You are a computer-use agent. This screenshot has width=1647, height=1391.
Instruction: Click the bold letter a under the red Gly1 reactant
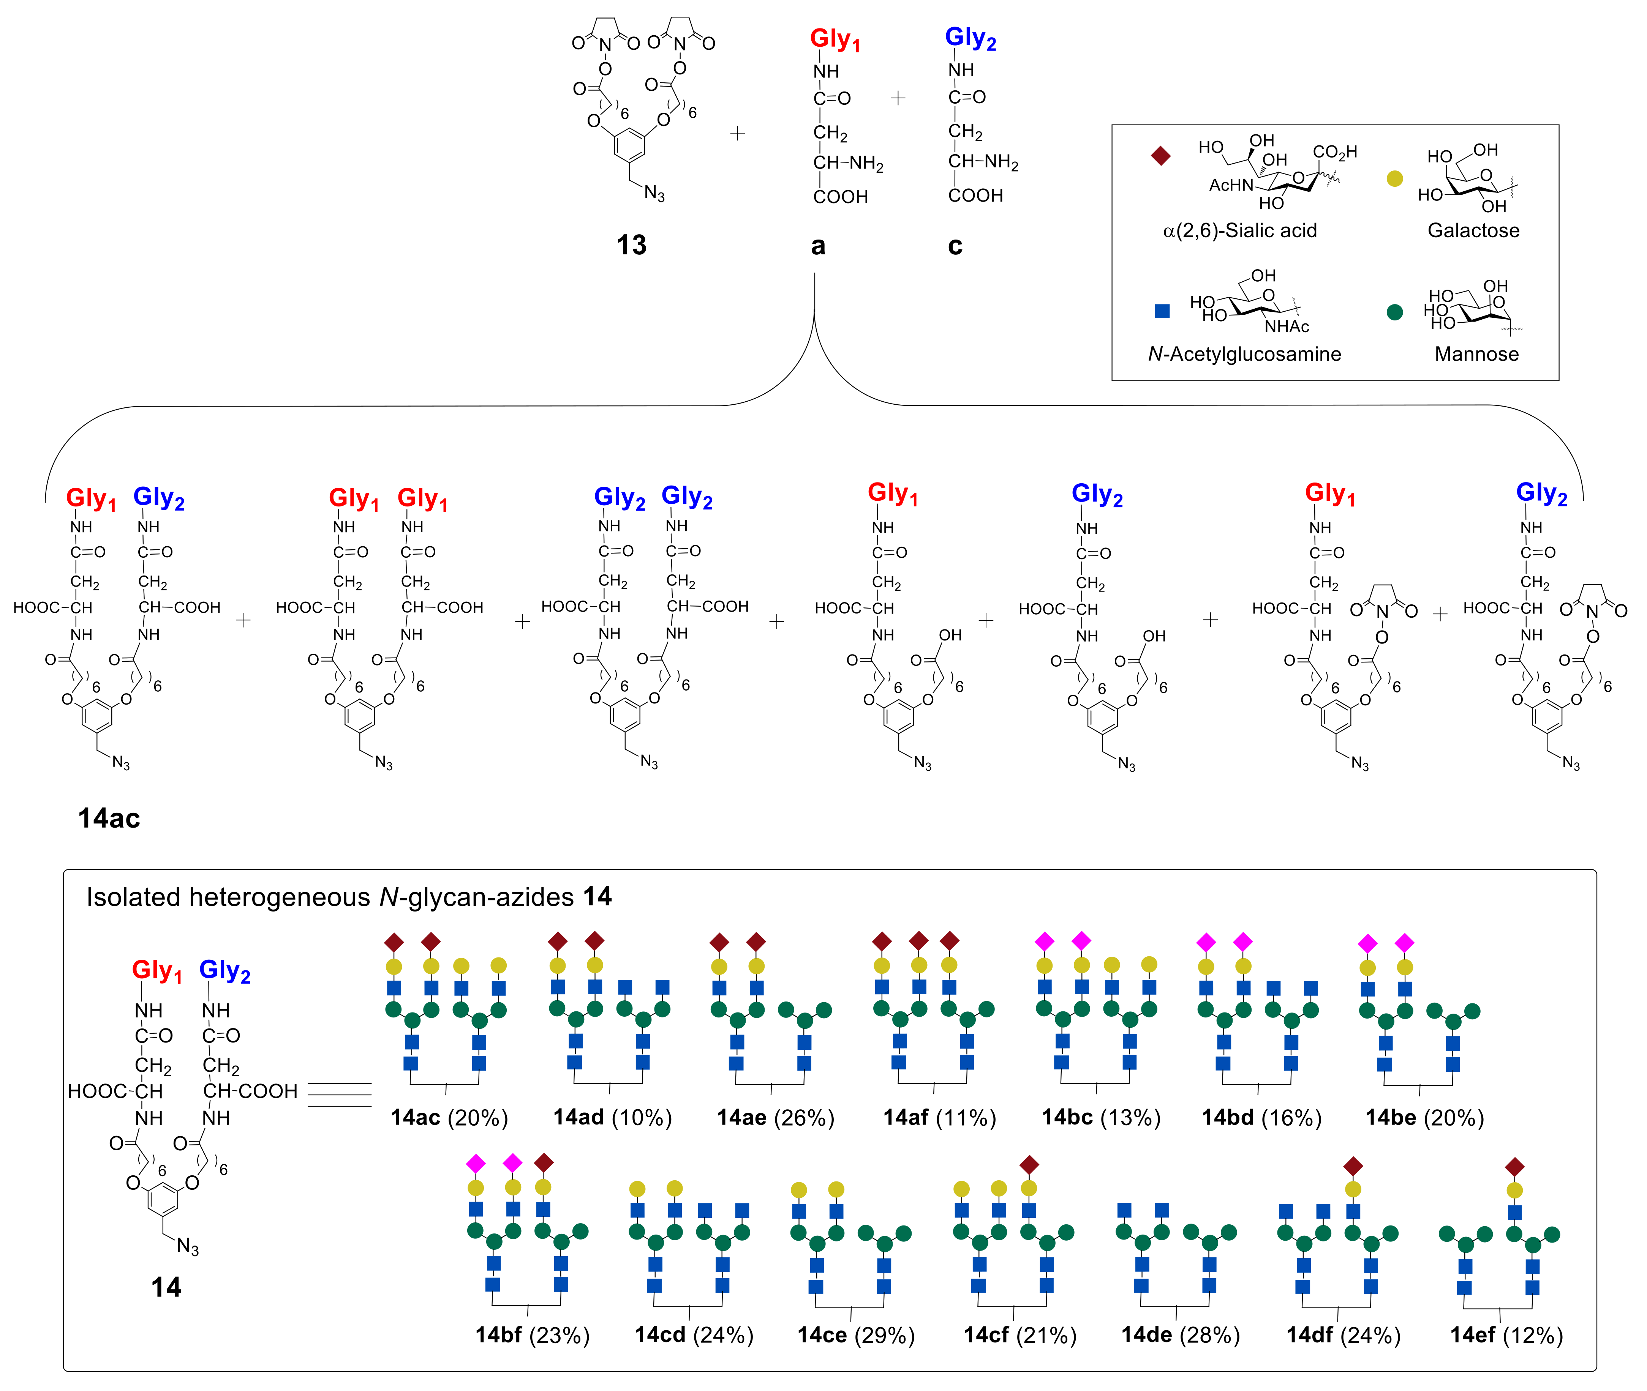click(x=818, y=246)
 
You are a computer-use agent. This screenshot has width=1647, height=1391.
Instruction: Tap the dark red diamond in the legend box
click(x=1160, y=155)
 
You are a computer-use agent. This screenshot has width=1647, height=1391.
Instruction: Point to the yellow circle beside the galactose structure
click(x=1394, y=179)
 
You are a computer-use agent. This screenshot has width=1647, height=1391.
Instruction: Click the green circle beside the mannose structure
click(x=1394, y=312)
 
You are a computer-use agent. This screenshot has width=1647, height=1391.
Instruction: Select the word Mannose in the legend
click(x=1476, y=354)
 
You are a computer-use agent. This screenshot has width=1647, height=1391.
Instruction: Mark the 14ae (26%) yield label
click(x=775, y=1117)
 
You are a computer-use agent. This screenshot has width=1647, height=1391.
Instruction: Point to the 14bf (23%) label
click(x=533, y=1335)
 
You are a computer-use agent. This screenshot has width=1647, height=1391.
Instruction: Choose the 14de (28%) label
click(x=1180, y=1335)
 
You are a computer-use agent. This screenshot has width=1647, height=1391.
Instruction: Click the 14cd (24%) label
click(x=694, y=1335)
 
